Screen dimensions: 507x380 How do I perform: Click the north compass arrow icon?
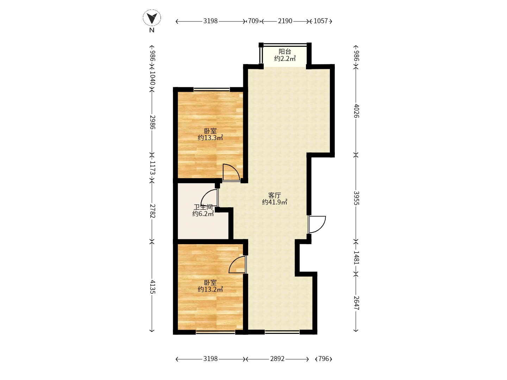(152, 18)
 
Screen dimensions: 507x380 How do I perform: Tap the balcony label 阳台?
(285, 51)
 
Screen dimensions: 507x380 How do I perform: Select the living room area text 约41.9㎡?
(274, 202)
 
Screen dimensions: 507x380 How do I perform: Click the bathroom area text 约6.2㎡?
(203, 214)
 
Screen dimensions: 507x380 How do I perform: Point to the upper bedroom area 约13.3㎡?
(210, 138)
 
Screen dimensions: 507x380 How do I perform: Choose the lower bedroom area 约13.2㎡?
(210, 289)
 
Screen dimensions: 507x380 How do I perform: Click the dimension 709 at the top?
(253, 21)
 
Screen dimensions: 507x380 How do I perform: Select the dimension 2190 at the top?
(285, 21)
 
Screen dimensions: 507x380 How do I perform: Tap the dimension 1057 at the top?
(321, 21)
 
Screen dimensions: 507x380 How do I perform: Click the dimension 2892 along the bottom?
(277, 359)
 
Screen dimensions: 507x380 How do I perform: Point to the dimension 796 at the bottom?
(323, 359)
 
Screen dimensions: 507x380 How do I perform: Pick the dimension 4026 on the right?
(356, 111)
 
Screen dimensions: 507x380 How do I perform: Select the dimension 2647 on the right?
(356, 303)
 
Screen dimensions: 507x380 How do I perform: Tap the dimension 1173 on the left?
(152, 167)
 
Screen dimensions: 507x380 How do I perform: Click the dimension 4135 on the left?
(152, 287)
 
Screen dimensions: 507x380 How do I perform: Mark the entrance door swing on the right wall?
(317, 224)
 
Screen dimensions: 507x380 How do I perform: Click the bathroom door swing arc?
(209, 197)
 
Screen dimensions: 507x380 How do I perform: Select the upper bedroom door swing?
(231, 172)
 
